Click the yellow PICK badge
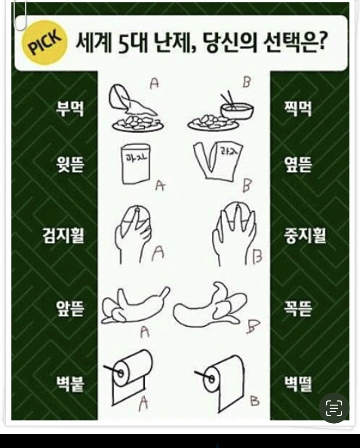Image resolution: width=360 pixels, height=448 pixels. pyautogui.click(x=45, y=42)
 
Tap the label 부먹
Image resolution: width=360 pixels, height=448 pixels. pyautogui.click(x=70, y=109)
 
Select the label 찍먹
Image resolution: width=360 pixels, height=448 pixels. pyautogui.click(x=298, y=109)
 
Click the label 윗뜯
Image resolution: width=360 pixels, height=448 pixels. pyautogui.click(x=70, y=164)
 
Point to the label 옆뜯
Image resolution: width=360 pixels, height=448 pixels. pyautogui.click(x=298, y=164)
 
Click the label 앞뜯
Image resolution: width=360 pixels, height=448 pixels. pyautogui.click(x=70, y=308)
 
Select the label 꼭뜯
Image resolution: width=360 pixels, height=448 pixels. pyautogui.click(x=298, y=308)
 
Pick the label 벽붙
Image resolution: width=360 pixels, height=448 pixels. pyautogui.click(x=70, y=384)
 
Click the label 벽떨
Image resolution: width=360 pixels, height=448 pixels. pyautogui.click(x=298, y=384)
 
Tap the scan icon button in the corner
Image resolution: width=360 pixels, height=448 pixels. pyautogui.click(x=334, y=408)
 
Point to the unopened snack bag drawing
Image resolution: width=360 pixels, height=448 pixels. pyautogui.click(x=136, y=164)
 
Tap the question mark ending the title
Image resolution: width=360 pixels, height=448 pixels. pyautogui.click(x=322, y=42)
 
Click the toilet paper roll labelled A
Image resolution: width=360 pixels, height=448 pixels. pyautogui.click(x=129, y=377)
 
